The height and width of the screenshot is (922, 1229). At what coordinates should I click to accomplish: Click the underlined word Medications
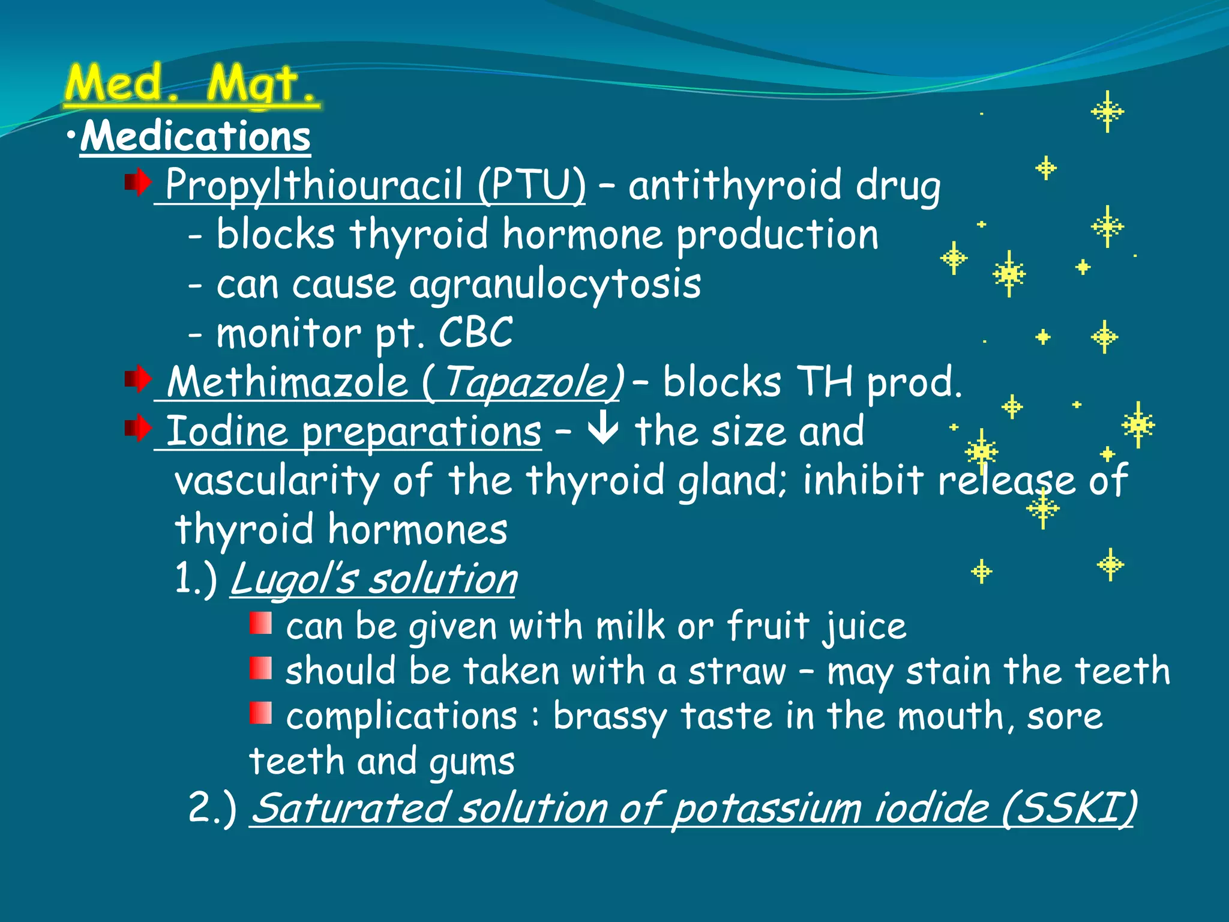point(196,136)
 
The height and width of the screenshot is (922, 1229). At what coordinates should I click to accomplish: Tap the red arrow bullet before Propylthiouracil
point(138,182)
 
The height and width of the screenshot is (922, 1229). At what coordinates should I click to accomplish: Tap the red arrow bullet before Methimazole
point(138,379)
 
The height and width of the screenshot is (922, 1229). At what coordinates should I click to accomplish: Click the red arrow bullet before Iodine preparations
point(138,429)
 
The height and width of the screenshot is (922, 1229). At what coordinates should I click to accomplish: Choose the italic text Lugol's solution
point(373,579)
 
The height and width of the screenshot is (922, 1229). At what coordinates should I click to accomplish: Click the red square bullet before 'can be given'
point(260,623)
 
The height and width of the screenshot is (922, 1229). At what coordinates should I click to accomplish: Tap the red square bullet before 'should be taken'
point(260,668)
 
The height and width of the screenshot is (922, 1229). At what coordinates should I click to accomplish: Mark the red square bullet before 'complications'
point(260,713)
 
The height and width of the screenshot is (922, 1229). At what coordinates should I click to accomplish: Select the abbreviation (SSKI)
point(1069,807)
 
